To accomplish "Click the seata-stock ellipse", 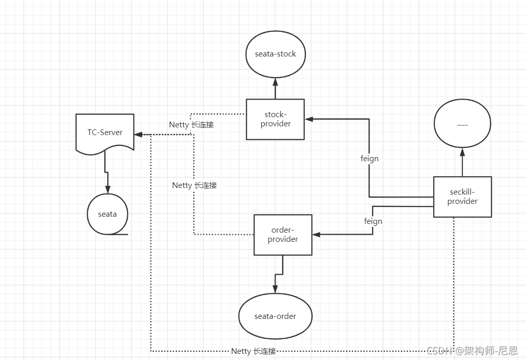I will tap(275, 54).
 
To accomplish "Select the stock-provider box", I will tap(275, 119).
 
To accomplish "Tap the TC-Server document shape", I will tap(105, 132).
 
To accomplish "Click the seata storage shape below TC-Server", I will tap(107, 214).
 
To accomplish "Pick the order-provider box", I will tap(283, 235).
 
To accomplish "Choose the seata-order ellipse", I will tap(275, 316).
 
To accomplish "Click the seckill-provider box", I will tap(462, 197).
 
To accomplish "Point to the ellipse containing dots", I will tap(462, 124).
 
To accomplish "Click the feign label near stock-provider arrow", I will tap(369, 159).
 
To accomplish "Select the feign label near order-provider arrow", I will tap(373, 221).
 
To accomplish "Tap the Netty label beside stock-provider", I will tap(191, 125).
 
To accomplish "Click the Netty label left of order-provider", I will tap(194, 185).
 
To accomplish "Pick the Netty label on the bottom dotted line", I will tap(254, 351).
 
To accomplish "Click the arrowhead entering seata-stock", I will tap(275, 81).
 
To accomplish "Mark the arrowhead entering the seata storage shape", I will tap(107, 190).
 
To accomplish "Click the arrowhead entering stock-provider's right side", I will tap(309, 119).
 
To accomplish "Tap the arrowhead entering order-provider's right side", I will tap(316, 235).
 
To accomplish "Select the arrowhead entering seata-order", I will tap(275, 290).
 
